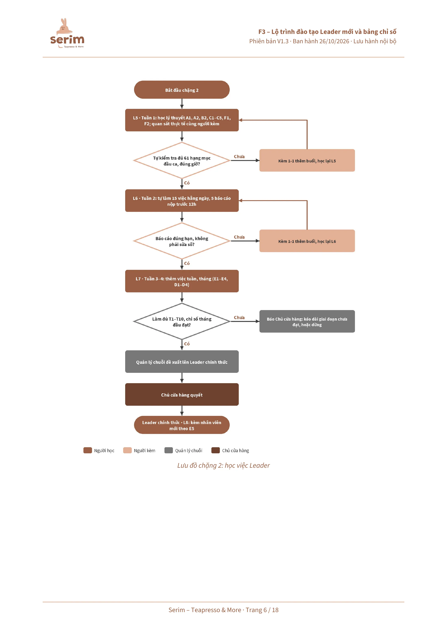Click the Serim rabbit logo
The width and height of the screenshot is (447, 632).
(x=67, y=33)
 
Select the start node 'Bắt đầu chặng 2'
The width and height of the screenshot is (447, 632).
(x=182, y=90)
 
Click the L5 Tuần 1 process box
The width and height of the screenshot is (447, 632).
(x=182, y=120)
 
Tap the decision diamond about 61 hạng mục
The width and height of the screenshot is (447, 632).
(x=182, y=160)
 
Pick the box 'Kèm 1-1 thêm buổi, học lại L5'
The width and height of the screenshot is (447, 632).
(x=307, y=160)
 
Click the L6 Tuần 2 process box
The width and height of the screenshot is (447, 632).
(x=182, y=201)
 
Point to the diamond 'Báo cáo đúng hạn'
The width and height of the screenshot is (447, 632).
(x=182, y=241)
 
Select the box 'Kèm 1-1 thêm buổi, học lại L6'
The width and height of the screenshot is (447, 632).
(x=307, y=241)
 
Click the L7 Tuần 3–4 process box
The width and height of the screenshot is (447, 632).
(x=182, y=281)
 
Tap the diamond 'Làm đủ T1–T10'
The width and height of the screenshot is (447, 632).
(x=182, y=321)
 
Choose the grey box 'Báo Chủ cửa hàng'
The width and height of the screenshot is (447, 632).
(x=307, y=321)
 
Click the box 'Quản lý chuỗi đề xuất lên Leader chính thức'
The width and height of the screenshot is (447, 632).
(x=182, y=362)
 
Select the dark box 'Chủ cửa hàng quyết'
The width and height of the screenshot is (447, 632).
(x=182, y=394)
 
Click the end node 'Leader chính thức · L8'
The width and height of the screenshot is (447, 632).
(x=182, y=425)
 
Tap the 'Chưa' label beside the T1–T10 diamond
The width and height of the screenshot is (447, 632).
(x=239, y=317)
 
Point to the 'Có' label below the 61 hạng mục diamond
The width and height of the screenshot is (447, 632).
(x=187, y=183)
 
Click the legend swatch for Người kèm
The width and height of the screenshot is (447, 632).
(x=127, y=450)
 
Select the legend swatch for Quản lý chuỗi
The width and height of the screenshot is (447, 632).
(x=169, y=450)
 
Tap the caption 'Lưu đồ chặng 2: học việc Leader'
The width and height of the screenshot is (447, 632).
(x=223, y=465)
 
